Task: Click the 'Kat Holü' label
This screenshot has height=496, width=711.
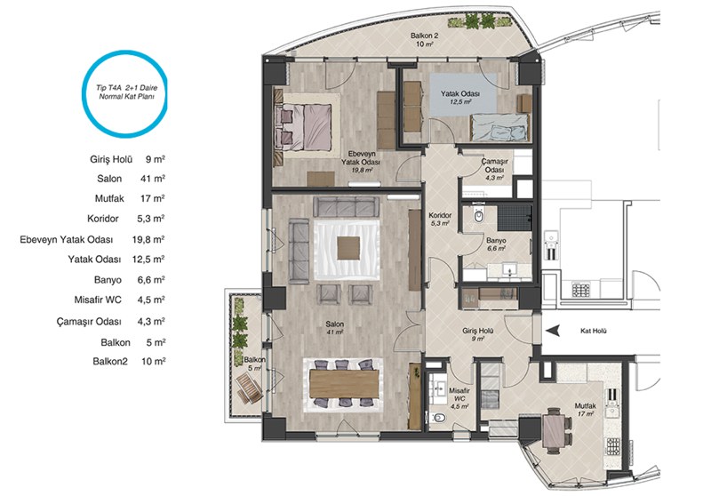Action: tap(593, 331)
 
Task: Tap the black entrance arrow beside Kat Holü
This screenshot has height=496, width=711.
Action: tap(552, 331)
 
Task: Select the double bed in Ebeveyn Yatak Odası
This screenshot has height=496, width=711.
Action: tap(303, 127)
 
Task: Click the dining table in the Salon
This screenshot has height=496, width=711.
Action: tap(344, 384)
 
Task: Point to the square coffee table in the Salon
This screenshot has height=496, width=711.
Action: tap(348, 247)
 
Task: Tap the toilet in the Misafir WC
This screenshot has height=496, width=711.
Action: tap(438, 418)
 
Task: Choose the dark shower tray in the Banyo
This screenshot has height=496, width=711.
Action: tap(515, 218)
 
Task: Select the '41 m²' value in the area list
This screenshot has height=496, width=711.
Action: tap(153, 179)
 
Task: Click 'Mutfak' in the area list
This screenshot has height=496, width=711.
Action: tap(109, 198)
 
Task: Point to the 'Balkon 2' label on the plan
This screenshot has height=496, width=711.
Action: tap(425, 36)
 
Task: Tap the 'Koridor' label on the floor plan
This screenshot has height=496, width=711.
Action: tap(440, 215)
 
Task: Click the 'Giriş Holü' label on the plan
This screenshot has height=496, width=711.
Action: tap(478, 331)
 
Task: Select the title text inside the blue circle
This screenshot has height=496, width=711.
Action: tap(126, 92)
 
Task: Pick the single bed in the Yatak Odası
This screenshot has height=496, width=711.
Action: tap(499, 127)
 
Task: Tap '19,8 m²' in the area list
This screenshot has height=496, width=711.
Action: tap(148, 239)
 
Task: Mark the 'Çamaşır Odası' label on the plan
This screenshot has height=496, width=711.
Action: tap(495, 165)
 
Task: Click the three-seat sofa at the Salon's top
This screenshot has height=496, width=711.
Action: tap(347, 207)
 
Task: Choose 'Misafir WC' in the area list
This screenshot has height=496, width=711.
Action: tap(98, 300)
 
